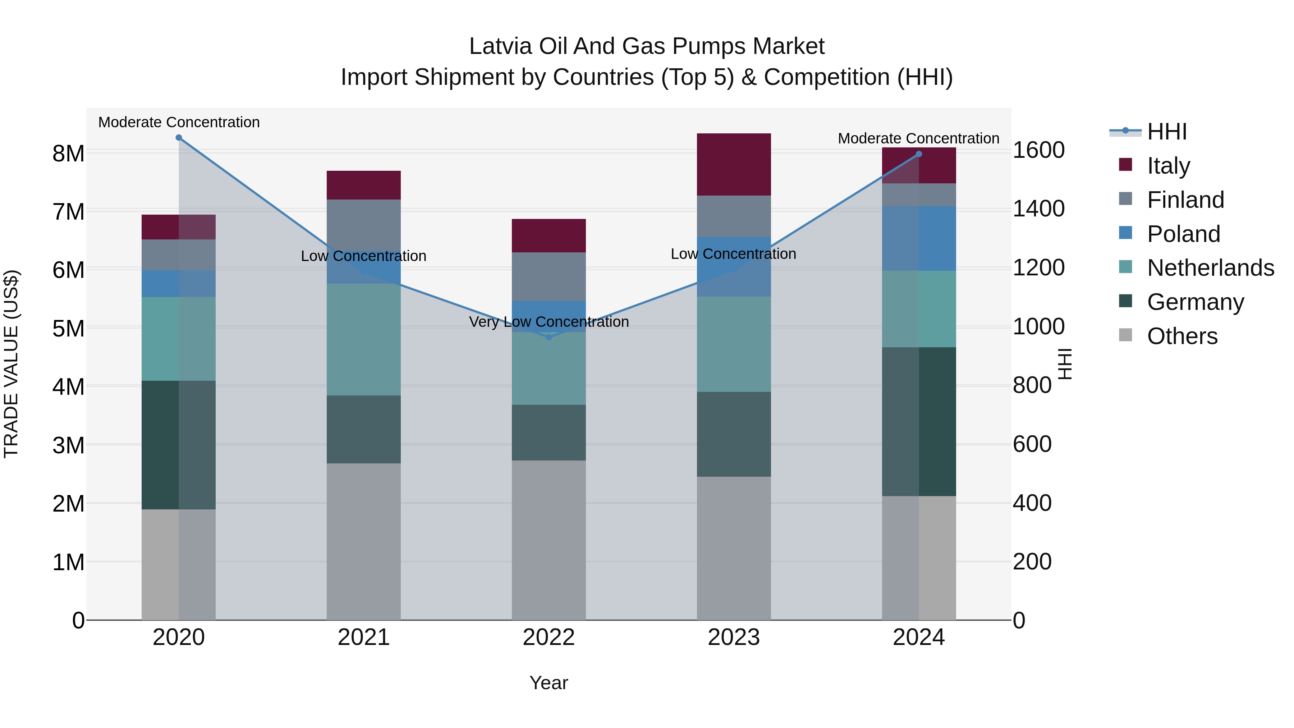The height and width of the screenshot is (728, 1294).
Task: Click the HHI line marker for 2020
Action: click(x=179, y=138)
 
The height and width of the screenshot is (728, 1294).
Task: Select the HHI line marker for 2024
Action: click(x=919, y=154)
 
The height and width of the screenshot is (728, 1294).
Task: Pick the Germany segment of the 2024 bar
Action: click(x=919, y=422)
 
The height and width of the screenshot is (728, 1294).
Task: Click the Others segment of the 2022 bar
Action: click(x=549, y=540)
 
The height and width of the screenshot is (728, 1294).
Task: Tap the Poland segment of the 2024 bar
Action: click(x=919, y=238)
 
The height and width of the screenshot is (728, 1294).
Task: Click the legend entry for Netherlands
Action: click(x=1210, y=268)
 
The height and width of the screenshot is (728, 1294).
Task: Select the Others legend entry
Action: click(x=1182, y=336)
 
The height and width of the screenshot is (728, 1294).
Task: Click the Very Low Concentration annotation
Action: click(x=549, y=321)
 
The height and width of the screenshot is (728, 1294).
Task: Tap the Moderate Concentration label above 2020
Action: click(x=179, y=122)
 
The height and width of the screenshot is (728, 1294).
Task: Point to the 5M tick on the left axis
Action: click(x=68, y=329)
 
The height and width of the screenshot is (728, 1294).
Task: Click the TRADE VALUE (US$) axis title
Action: click(x=11, y=364)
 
